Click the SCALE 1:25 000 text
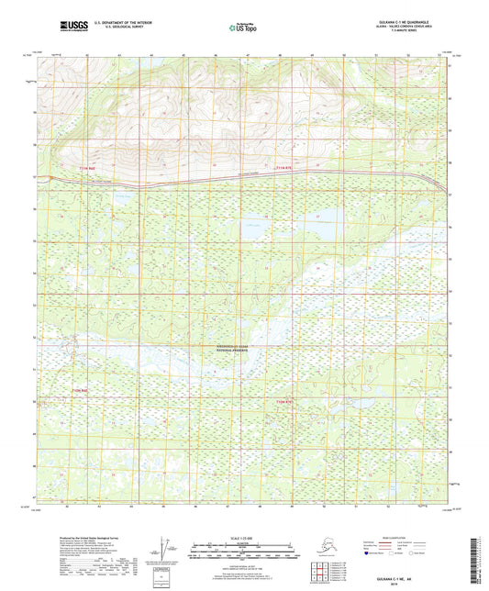point(244,537)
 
